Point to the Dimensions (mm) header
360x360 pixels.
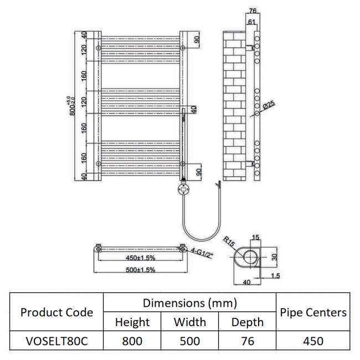coord(190,303)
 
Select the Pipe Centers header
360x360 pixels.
coord(313,312)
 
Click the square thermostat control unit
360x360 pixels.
coord(183,189)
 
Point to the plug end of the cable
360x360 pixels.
coord(220,183)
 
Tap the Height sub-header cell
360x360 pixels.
coord(132,322)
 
